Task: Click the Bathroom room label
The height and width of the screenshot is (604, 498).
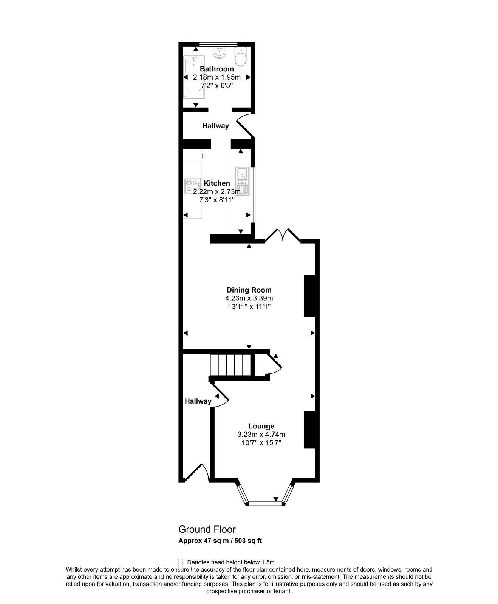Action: [217, 69]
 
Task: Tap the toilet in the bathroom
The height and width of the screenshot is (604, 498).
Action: [240, 57]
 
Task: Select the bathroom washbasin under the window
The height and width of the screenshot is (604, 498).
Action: [219, 53]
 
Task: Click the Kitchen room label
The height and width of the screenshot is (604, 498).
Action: [217, 183]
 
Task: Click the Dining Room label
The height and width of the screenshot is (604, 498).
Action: [249, 290]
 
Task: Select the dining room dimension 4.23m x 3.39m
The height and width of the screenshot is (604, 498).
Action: [249, 298]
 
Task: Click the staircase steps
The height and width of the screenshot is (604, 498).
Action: [231, 364]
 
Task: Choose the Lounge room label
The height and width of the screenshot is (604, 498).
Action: [261, 426]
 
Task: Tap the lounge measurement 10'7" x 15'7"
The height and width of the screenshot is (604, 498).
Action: [261, 442]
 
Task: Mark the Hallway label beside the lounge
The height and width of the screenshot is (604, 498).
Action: [198, 401]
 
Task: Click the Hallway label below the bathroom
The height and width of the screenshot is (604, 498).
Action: [215, 126]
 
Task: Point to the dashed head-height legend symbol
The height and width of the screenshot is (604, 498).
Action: [181, 562]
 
